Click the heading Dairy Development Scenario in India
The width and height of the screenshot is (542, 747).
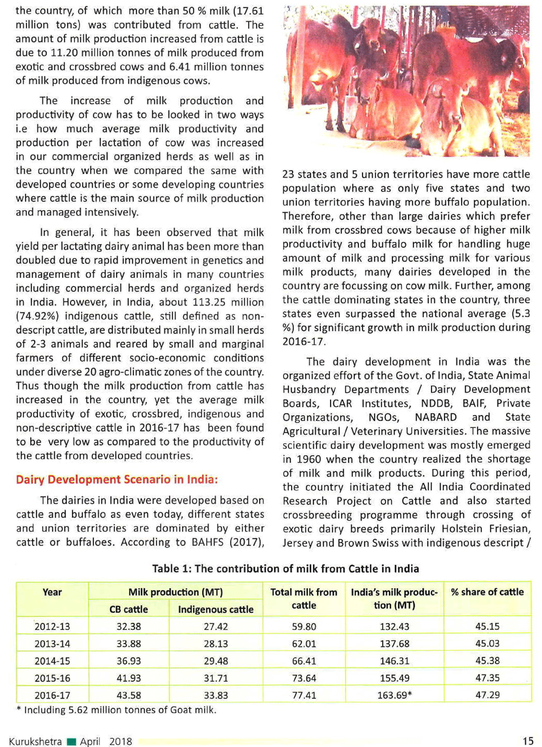coord(117,480)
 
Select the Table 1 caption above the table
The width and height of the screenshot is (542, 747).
coord(285,569)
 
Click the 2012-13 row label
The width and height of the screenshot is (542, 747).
coord(52,627)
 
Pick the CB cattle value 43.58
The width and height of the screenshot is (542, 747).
coord(128,695)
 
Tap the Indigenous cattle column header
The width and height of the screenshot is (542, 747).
coord(216,609)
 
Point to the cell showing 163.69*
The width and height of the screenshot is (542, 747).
coord(394,695)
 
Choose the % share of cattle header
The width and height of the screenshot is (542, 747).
coord(487,592)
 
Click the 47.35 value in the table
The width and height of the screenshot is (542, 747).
coord(487,678)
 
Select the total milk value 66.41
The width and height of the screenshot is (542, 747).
coord(304,661)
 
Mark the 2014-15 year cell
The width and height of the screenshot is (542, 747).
coord(52,661)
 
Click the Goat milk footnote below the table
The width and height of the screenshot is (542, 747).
coord(120,710)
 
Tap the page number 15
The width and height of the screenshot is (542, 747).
coord(528,741)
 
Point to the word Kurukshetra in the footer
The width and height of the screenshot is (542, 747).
coord(35,742)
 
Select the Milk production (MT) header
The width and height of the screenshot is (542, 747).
coord(175,592)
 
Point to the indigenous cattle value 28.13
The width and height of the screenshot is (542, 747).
coord(216,644)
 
